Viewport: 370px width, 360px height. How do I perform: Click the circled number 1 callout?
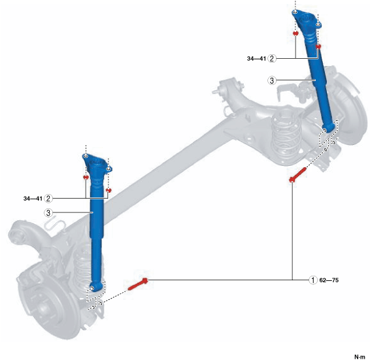tap(313, 280)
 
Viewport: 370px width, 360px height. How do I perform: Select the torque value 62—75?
tap(329, 280)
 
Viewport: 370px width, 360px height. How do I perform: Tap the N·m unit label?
tap(360, 357)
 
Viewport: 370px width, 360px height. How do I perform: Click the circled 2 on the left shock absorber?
tap(48, 199)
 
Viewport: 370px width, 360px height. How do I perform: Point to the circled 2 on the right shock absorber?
tap(272, 58)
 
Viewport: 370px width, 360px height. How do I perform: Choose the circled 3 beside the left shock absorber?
tap(48, 213)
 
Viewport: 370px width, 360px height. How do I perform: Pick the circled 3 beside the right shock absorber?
tap(272, 80)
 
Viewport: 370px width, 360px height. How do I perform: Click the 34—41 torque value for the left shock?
tap(33, 199)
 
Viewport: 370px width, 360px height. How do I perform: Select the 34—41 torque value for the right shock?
tap(256, 59)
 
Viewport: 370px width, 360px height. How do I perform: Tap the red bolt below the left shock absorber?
tap(138, 284)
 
